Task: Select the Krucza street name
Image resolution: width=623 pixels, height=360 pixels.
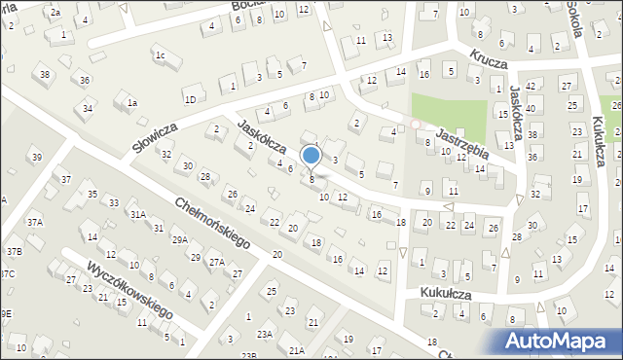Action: [489, 60]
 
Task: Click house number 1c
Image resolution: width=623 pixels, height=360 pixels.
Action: [160, 55]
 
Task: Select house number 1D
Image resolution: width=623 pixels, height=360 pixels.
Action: [191, 98]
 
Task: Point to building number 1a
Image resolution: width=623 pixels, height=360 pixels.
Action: [132, 102]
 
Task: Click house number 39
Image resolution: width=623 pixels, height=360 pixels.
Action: [36, 157]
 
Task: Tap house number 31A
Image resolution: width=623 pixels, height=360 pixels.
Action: [138, 214]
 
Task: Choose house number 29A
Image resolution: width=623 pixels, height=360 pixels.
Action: [180, 239]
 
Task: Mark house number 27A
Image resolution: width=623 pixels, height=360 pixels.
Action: [216, 262]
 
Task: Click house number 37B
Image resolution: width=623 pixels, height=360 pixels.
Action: [14, 251]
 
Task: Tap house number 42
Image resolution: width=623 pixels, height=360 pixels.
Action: [530, 86]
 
